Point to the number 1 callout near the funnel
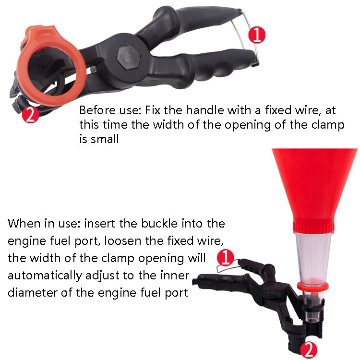226,258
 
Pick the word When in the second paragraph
24,224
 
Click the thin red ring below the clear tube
312,286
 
